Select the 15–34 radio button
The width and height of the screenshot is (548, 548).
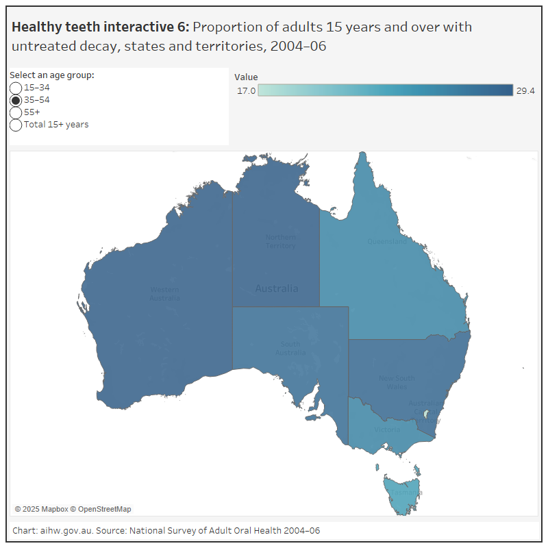16,88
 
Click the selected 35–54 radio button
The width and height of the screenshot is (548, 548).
16,100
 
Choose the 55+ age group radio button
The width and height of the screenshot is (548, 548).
16,112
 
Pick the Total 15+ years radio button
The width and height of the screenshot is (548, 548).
16,125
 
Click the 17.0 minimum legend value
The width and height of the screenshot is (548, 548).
246,91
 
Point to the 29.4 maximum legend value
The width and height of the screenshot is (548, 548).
525,91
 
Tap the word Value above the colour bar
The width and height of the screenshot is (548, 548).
246,77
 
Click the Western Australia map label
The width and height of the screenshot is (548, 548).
165,294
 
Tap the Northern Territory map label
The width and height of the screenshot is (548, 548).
280,242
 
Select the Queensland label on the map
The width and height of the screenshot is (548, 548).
387,242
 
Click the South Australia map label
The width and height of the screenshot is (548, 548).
290,349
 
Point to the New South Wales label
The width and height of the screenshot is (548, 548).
397,382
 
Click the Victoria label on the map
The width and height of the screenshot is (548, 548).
387,430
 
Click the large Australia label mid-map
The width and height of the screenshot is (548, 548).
276,288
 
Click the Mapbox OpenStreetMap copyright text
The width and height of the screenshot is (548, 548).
73,509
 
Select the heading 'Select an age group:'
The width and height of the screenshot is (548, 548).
52,75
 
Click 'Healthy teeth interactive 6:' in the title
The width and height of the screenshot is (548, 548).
100,27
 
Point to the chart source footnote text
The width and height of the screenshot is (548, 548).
166,531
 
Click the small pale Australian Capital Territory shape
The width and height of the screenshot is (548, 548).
426,414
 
